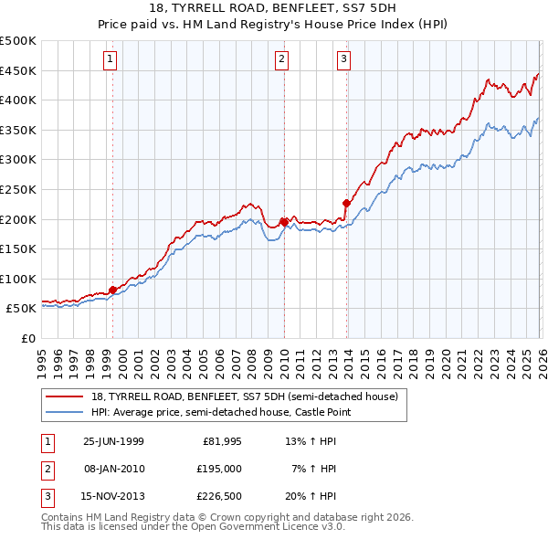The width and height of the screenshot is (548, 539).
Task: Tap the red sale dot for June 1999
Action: coord(113,290)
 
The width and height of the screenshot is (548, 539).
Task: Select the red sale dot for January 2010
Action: coord(284,221)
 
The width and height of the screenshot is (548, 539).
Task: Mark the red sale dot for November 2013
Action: coord(346,203)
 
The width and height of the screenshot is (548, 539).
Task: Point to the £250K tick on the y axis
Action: coord(18,189)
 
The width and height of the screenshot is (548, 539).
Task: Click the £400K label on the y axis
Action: coord(18,100)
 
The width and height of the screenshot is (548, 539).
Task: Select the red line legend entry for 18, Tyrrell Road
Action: coord(244,397)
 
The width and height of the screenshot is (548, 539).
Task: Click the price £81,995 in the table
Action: coord(221,440)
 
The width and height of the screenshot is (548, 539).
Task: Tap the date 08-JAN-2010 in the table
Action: coord(113,468)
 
